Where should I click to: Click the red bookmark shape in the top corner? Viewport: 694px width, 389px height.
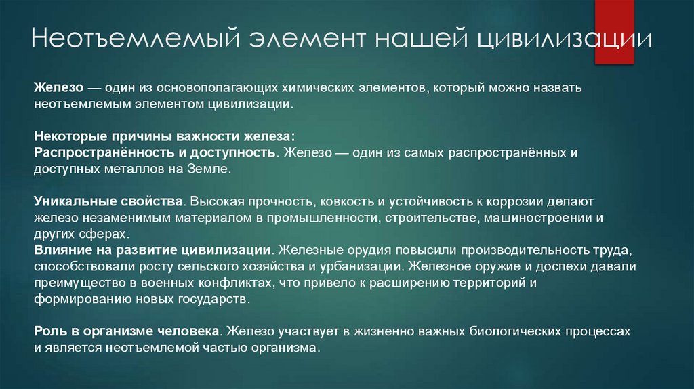coord(614,30)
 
